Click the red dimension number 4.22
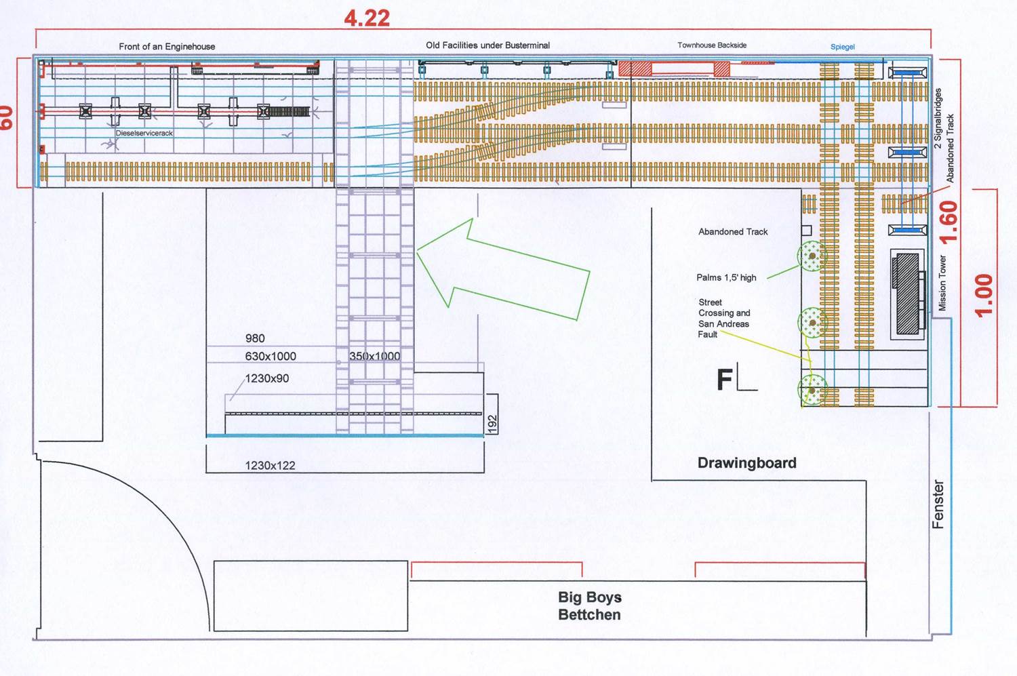point(367,18)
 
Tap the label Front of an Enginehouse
point(167,46)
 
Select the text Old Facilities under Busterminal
point(487,45)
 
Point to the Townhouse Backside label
point(712,45)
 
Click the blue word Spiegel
point(843,47)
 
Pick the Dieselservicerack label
point(144,133)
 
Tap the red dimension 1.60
point(949,222)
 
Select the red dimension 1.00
point(984,296)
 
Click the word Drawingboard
point(747,462)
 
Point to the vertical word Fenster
point(938,504)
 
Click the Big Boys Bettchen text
point(590,605)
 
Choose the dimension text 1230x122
point(270,465)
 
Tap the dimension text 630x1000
point(271,357)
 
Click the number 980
point(255,338)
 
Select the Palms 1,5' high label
point(726,277)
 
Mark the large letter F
point(725,379)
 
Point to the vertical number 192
point(492,424)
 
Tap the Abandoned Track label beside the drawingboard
point(733,231)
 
